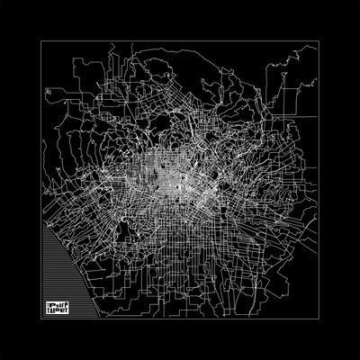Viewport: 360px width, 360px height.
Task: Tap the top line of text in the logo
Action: (58, 302)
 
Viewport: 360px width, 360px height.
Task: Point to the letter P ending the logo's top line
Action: (68, 302)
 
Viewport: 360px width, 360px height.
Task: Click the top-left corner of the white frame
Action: (41, 40)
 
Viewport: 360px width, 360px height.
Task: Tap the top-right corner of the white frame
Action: (319, 40)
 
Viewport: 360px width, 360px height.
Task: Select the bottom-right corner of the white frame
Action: (319, 319)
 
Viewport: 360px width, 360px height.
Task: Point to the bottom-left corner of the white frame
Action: (41, 319)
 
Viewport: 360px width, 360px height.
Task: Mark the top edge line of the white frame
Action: (180, 40)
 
